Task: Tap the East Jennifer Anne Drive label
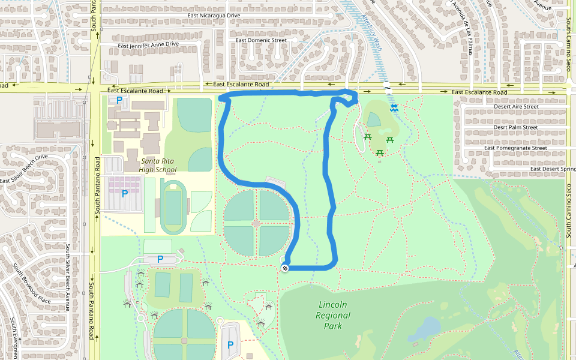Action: [x=148, y=44]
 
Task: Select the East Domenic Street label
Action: [x=261, y=40]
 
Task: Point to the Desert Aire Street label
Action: [x=516, y=106]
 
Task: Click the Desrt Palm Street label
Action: [x=515, y=127]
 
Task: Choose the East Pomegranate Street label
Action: [x=516, y=148]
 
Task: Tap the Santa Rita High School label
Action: [x=158, y=166]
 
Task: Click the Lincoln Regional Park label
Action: [x=333, y=315]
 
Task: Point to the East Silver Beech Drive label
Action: [x=24, y=169]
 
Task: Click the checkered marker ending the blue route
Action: [x=285, y=268]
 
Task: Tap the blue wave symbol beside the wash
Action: [x=394, y=108]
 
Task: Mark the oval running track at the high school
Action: [x=173, y=208]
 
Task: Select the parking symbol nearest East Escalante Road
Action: [x=119, y=101]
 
